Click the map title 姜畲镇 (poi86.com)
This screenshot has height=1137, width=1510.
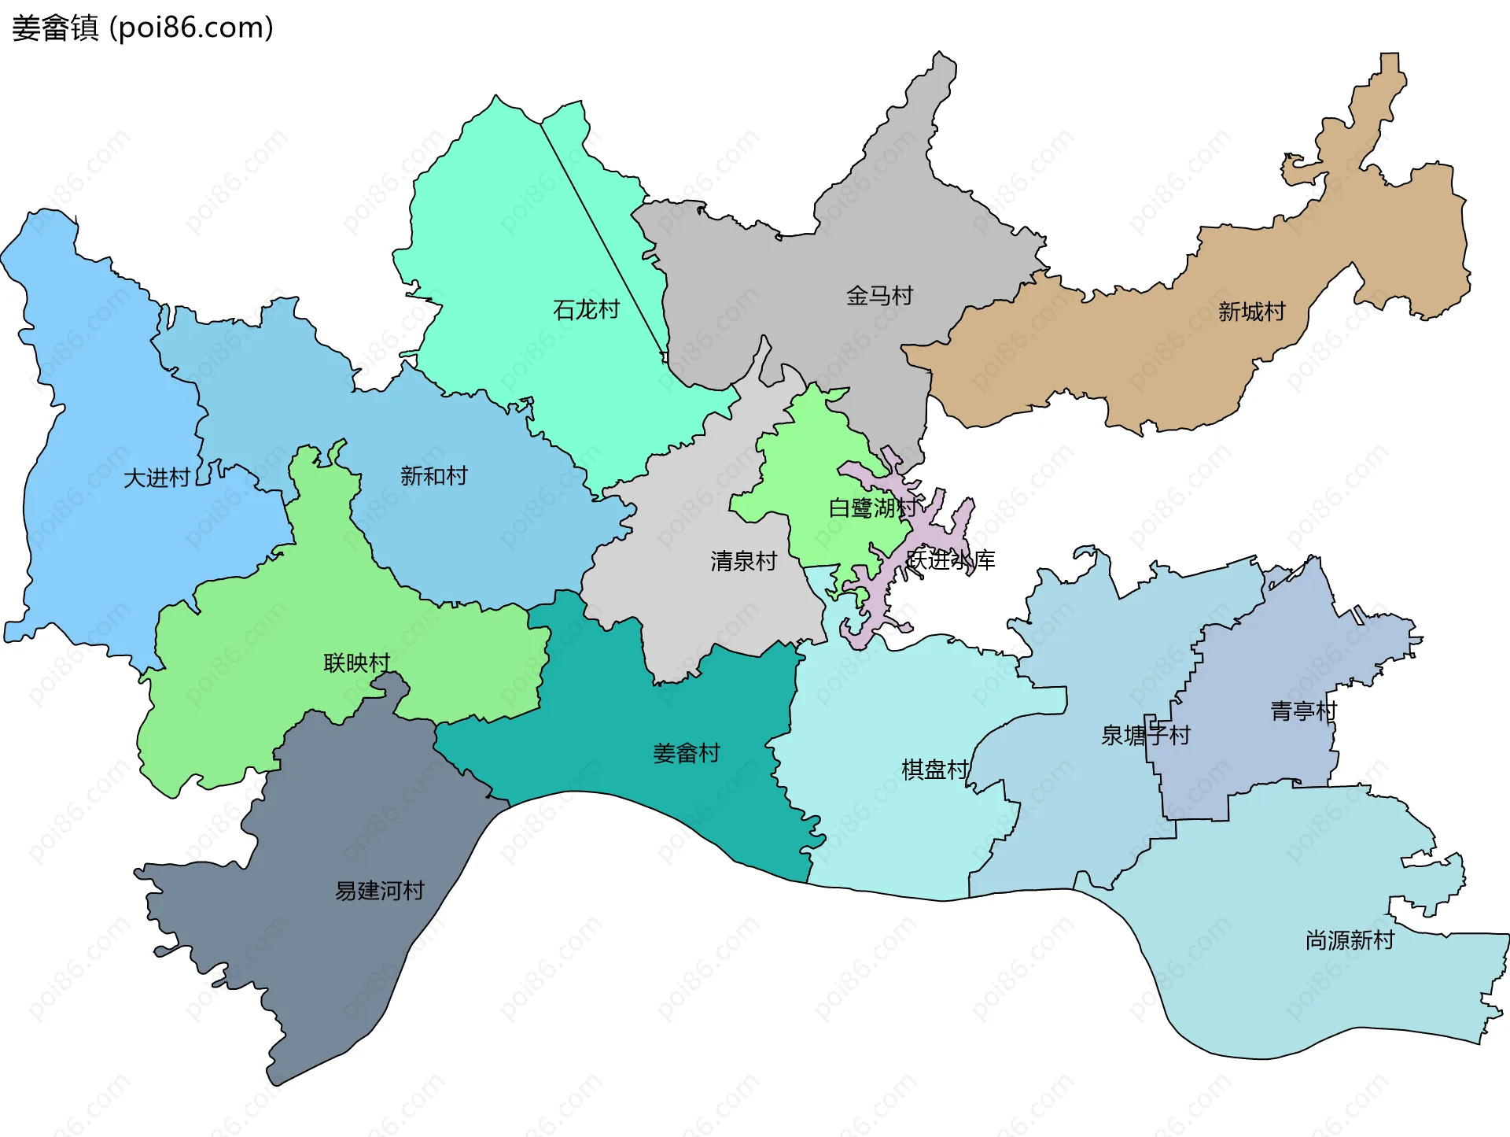[x=142, y=28]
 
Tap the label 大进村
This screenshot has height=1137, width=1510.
[x=157, y=478]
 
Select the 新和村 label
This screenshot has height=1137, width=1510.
[x=433, y=475]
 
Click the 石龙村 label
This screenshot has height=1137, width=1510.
[x=586, y=309]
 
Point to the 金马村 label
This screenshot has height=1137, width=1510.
[x=879, y=296]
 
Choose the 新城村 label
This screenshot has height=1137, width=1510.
[x=1251, y=312]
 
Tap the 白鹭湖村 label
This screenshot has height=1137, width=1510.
[x=872, y=508]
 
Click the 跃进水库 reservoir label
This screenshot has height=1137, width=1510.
[x=951, y=560]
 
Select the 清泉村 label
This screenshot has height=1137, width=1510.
[x=743, y=561]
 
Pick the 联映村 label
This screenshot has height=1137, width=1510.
[x=357, y=663]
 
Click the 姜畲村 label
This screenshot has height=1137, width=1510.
[x=686, y=753]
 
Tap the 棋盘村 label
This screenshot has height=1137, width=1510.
[x=934, y=769]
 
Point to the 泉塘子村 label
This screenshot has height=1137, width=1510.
[x=1145, y=735]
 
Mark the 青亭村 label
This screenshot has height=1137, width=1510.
[x=1303, y=711]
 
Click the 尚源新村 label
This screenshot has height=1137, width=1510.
[x=1350, y=940]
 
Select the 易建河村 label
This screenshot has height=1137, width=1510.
[x=380, y=891]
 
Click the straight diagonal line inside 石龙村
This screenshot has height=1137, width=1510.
[x=602, y=236]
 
